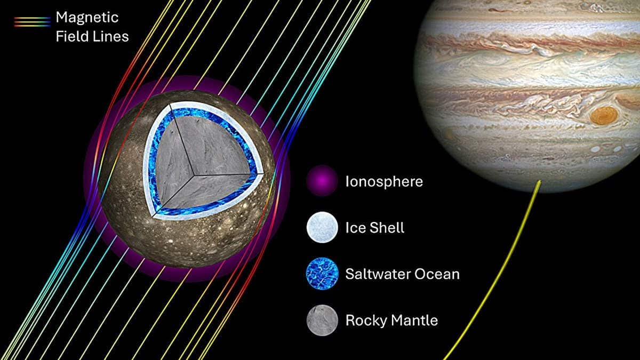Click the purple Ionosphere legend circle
[x=322, y=181]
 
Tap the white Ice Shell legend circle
[x=322, y=228]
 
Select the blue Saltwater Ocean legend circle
[x=322, y=274]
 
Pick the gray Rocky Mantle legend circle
[x=322, y=321]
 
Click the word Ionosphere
[x=384, y=181]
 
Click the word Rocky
[x=364, y=321]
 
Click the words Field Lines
[x=92, y=36]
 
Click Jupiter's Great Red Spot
[x=604, y=115]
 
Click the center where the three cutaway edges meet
[x=194, y=173]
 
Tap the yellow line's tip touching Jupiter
[x=539, y=182]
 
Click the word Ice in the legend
[x=355, y=228]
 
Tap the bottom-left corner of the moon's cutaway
[x=156, y=215]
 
